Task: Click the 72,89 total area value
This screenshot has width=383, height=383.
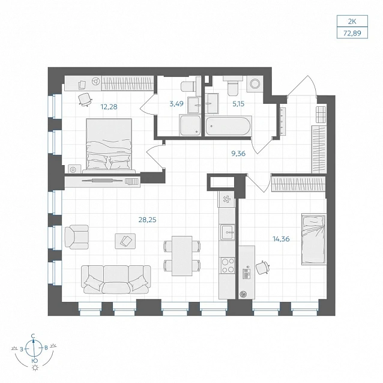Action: tap(352, 33)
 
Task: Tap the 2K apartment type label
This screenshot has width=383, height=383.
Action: tap(352, 22)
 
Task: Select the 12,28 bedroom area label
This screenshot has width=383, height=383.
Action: tap(109, 107)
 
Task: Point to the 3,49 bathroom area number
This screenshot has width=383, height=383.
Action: tap(176, 104)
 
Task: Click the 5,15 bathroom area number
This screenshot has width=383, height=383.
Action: tap(238, 104)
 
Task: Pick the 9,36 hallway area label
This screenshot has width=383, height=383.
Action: tap(238, 154)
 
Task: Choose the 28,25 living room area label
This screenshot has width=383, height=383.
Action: tap(147, 220)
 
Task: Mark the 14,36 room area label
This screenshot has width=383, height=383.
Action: tap(281, 239)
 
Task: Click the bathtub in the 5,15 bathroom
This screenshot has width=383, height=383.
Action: tap(228, 126)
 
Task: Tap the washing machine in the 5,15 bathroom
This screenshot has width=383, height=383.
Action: tap(255, 84)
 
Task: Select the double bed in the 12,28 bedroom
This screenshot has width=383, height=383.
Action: tap(109, 146)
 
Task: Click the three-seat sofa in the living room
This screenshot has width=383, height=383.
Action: tap(116, 280)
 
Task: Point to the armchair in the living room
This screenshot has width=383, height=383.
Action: tap(76, 237)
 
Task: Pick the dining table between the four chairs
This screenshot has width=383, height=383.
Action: tap(182, 256)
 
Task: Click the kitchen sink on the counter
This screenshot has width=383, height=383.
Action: tap(228, 232)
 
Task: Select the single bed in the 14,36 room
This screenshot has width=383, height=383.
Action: tap(314, 239)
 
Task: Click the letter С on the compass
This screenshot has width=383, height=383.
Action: tap(33, 336)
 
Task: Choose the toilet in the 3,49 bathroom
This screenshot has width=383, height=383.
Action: tap(188, 86)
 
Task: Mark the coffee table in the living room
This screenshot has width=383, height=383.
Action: tap(125, 241)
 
